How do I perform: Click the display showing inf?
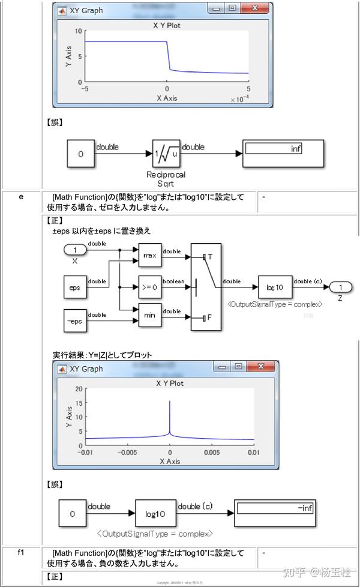click(x=283, y=154)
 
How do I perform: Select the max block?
click(x=150, y=255)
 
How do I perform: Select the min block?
click(x=150, y=315)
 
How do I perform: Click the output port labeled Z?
click(x=340, y=287)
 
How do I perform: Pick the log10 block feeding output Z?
click(x=275, y=287)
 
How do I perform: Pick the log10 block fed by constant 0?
click(x=155, y=514)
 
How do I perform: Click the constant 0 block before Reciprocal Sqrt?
click(x=80, y=154)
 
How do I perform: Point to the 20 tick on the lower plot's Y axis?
click(x=79, y=389)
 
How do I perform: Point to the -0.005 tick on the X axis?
click(x=128, y=453)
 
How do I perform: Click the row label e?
click(x=21, y=197)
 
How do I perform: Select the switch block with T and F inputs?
click(x=206, y=287)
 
